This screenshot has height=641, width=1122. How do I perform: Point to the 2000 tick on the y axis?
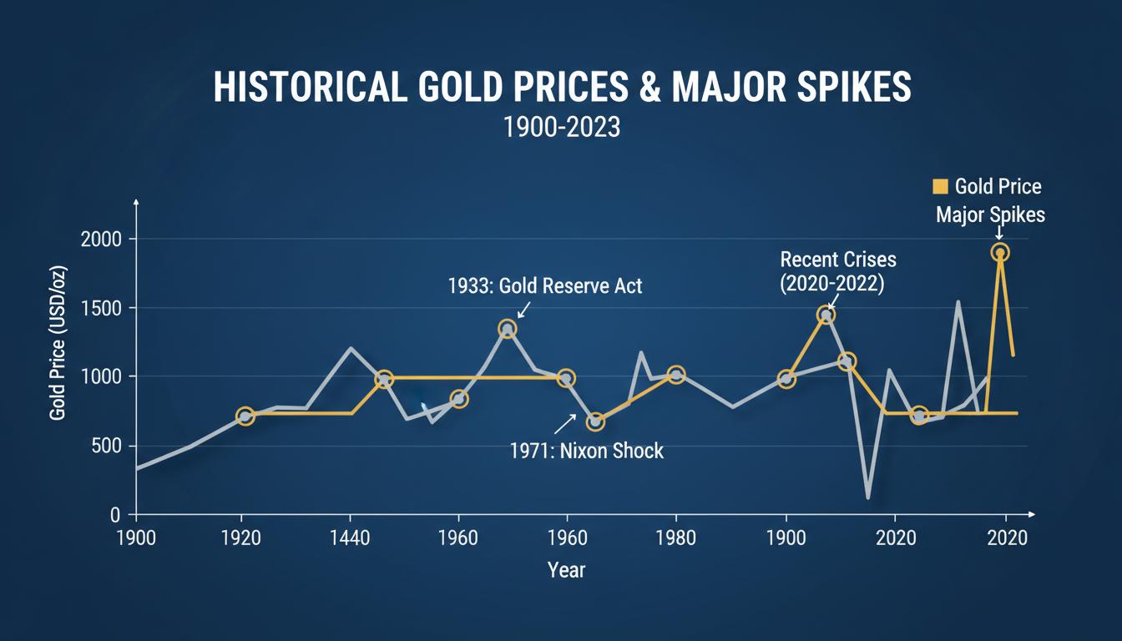tap(101, 240)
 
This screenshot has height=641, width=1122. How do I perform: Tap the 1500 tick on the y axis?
tap(102, 309)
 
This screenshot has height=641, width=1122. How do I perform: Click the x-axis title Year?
tap(566, 570)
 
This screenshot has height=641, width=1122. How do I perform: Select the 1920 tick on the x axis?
tap(243, 535)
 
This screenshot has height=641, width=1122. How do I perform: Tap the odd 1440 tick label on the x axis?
tap(350, 535)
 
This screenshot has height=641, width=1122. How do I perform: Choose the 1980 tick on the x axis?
tap(675, 535)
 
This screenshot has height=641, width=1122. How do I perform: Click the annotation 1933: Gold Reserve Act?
tap(545, 285)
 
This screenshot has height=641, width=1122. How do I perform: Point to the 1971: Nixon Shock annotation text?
tap(586, 451)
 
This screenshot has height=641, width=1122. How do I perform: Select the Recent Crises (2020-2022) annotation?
tap(831, 270)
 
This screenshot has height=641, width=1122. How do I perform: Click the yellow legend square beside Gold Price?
tap(939, 186)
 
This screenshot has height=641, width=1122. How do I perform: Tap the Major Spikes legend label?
tap(990, 215)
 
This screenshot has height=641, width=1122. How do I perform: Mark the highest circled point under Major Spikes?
tap(1000, 252)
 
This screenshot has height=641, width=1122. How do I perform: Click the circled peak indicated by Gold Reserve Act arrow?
tap(507, 329)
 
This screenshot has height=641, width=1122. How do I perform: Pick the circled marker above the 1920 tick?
tap(245, 416)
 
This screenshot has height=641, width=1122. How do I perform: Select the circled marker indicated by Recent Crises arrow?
tap(826, 315)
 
